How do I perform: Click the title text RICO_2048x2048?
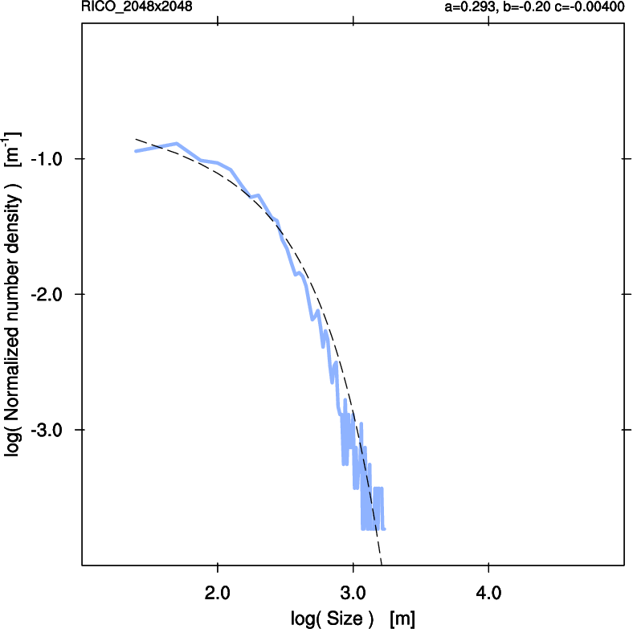click(137, 7)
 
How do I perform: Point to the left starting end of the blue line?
click(136, 151)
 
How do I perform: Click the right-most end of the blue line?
click(385, 529)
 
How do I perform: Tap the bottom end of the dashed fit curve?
click(382, 563)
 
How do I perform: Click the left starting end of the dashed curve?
click(136, 139)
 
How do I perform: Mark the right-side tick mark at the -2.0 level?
click(619, 294)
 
